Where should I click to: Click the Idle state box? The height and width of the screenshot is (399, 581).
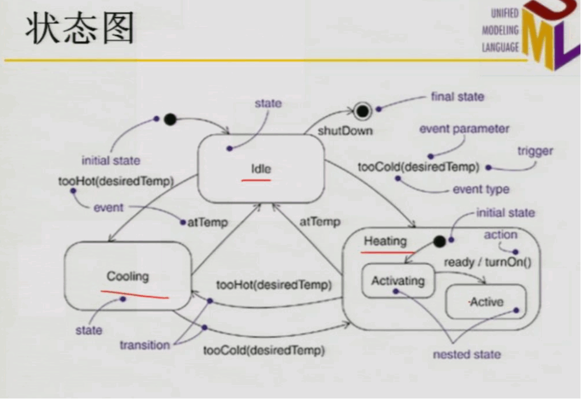click(x=261, y=168)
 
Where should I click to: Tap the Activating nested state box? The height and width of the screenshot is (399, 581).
click(x=397, y=281)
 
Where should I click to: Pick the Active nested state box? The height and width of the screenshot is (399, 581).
click(x=486, y=301)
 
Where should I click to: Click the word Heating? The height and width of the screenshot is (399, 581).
click(x=385, y=241)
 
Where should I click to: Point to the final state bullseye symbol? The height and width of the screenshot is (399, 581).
click(x=363, y=110)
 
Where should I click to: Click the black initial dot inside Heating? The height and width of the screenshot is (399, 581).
click(x=439, y=241)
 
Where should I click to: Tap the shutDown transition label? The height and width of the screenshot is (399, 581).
click(x=345, y=131)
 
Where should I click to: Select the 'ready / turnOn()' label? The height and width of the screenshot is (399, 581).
click(x=487, y=262)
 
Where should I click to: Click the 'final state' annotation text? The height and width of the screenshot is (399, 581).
click(x=457, y=97)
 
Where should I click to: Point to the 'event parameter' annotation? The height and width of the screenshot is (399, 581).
click(x=464, y=129)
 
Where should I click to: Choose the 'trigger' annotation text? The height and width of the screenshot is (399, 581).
click(x=535, y=151)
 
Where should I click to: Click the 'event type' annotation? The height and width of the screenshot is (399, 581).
click(x=481, y=190)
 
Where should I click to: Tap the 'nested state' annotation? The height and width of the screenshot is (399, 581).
click(x=467, y=354)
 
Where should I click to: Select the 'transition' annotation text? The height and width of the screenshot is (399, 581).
click(x=145, y=345)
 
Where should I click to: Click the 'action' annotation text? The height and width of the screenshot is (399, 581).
click(x=500, y=235)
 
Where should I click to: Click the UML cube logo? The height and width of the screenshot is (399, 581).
click(x=551, y=34)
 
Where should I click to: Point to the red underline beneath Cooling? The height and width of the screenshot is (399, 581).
click(x=135, y=295)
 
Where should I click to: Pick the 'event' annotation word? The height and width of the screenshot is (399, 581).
click(x=109, y=208)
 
